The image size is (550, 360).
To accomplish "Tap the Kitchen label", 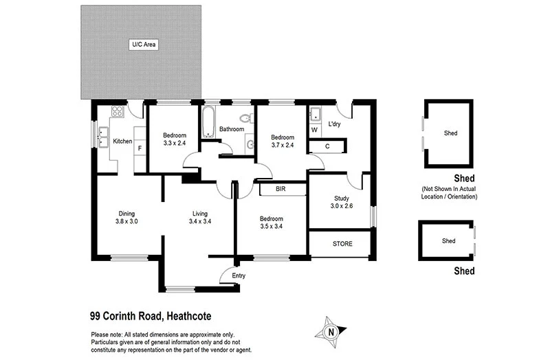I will point(122,142).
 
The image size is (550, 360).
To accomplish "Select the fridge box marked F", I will point(140,147).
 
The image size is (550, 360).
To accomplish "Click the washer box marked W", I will point(314,130).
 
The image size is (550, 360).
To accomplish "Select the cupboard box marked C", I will point(327,146).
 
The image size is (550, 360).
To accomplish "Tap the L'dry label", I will point(335,124).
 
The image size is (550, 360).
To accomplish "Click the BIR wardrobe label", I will point(280,188).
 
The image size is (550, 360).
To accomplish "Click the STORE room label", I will point(342,244).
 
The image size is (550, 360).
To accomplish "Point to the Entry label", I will point(239,275).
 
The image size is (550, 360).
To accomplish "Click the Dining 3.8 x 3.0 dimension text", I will point(126,221).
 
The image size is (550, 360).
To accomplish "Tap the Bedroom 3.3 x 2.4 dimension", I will point(175,144).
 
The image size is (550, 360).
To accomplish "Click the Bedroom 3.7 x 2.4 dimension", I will point(282,145).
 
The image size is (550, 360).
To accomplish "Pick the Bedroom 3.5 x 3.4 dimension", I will point(272,226).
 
